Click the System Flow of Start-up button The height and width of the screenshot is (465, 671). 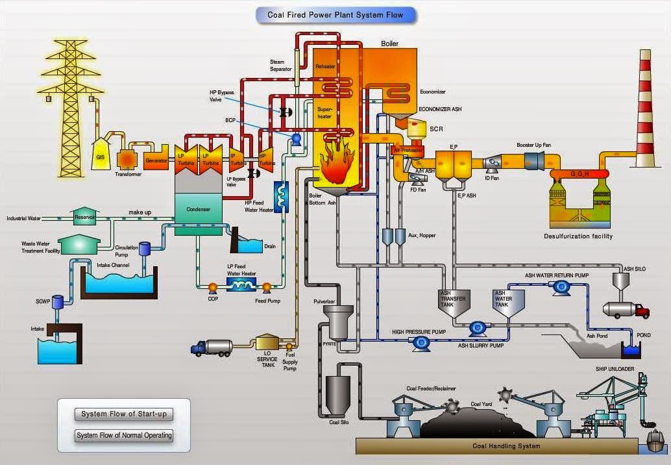[123, 414]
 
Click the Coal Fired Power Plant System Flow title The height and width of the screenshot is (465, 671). [335, 15]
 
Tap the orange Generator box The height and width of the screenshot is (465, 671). [156, 159]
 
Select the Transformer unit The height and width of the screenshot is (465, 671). [127, 159]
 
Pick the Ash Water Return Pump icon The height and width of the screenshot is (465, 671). [559, 288]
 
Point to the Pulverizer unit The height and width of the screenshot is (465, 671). [337, 319]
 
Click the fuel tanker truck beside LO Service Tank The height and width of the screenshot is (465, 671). [212, 349]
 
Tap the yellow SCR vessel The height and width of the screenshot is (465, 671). [417, 130]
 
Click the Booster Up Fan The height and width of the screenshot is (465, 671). [533, 160]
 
